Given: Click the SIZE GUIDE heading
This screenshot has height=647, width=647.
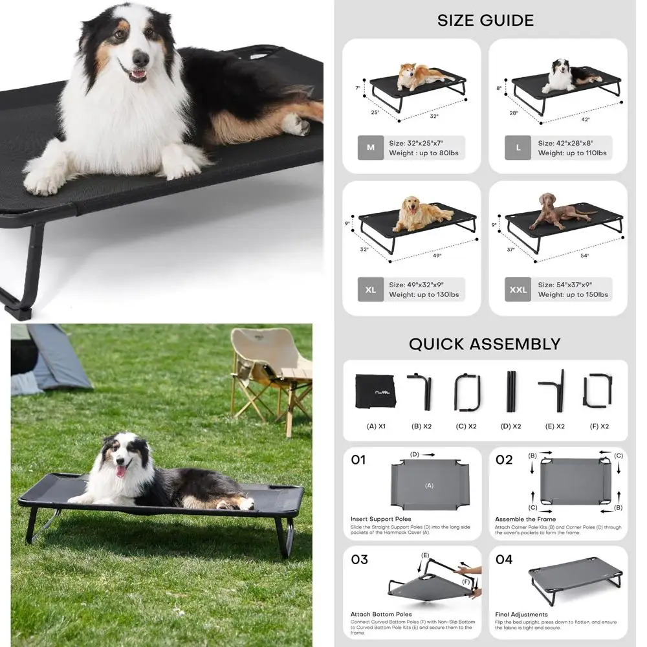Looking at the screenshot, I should tap(485, 20).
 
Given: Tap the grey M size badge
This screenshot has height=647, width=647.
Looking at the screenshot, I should tap(371, 148).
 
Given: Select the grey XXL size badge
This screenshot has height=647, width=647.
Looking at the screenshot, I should tap(518, 289).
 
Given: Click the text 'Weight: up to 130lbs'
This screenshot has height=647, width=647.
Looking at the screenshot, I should tap(424, 295).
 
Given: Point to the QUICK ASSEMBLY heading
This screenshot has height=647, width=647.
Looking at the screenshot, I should tap(485, 344).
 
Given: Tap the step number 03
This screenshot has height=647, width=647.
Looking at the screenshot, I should tap(359, 560).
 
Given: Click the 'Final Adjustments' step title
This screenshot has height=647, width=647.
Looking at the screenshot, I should tap(521, 615).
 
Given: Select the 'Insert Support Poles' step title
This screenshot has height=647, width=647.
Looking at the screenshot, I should tap(381, 519).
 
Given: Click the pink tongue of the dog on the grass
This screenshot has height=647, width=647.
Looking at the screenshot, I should tap(120, 471).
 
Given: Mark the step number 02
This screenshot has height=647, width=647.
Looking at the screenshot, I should tap(504, 460).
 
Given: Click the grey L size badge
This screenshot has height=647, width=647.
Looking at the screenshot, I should tap(518, 148).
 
